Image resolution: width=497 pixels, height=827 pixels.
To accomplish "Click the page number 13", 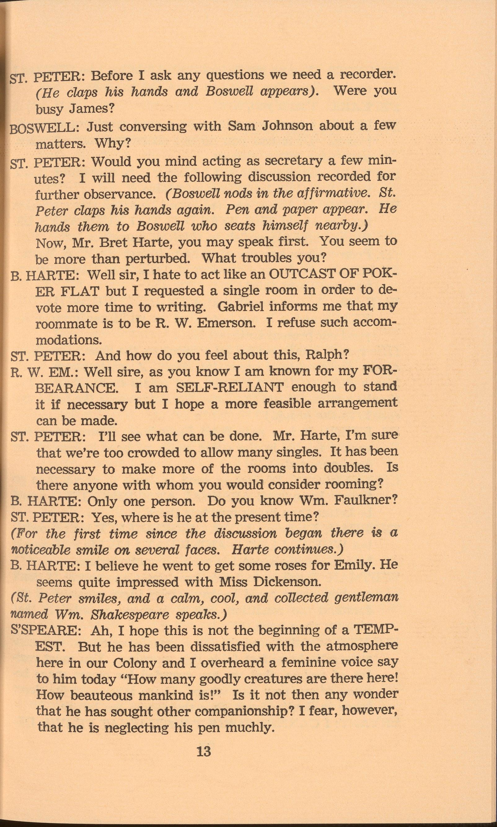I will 204,751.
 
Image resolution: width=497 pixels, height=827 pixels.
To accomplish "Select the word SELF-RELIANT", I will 230,387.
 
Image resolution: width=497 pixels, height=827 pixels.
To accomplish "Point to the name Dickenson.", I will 287,582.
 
